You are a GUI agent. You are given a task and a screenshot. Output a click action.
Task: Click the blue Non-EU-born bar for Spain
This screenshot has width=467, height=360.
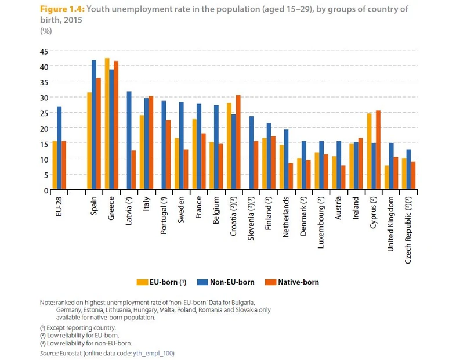(94, 125)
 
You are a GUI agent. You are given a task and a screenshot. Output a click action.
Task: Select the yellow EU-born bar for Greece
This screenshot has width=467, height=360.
(107, 124)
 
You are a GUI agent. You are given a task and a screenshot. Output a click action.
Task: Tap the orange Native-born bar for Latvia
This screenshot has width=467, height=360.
(133, 170)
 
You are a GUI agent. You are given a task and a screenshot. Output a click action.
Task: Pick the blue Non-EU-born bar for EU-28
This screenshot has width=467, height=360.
(59, 149)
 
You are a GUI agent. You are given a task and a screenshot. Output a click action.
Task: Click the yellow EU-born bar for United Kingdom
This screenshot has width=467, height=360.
(386, 178)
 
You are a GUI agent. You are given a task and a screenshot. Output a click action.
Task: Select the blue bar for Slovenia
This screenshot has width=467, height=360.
(251, 153)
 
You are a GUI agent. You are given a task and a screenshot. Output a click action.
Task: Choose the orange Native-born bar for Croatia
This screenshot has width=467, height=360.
(238, 143)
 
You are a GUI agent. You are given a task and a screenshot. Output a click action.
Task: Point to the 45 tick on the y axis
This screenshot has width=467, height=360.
(44, 51)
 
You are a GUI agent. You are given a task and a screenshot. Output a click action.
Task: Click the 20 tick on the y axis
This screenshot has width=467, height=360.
(44, 128)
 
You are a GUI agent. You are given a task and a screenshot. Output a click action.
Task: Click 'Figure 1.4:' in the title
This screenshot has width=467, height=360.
(61, 10)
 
